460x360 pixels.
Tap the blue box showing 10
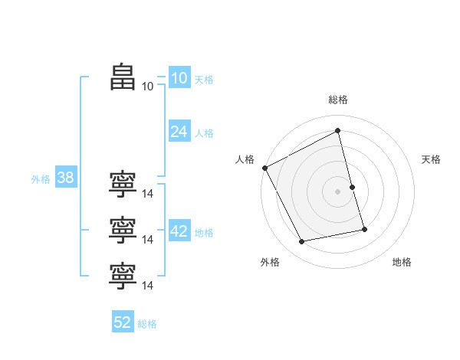click(179, 78)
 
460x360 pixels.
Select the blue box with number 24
click(179, 132)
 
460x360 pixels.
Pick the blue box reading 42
click(179, 231)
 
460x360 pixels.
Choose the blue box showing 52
click(123, 322)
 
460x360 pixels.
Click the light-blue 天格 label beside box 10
click(204, 80)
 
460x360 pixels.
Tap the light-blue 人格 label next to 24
click(204, 133)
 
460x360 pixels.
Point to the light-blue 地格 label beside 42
click(204, 233)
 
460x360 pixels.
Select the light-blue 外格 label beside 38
click(41, 180)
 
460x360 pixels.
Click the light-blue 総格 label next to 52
click(147, 324)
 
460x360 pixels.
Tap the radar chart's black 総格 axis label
click(338, 100)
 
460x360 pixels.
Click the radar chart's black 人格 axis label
click(245, 159)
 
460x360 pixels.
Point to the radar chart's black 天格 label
click(432, 159)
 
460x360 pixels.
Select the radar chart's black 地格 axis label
click(402, 262)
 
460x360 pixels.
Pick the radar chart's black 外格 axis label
click(270, 262)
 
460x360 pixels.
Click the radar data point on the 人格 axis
click(264, 168)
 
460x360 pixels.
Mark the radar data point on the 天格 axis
click(352, 187)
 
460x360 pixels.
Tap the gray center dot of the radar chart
click(338, 191)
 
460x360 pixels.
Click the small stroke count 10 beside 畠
click(147, 87)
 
